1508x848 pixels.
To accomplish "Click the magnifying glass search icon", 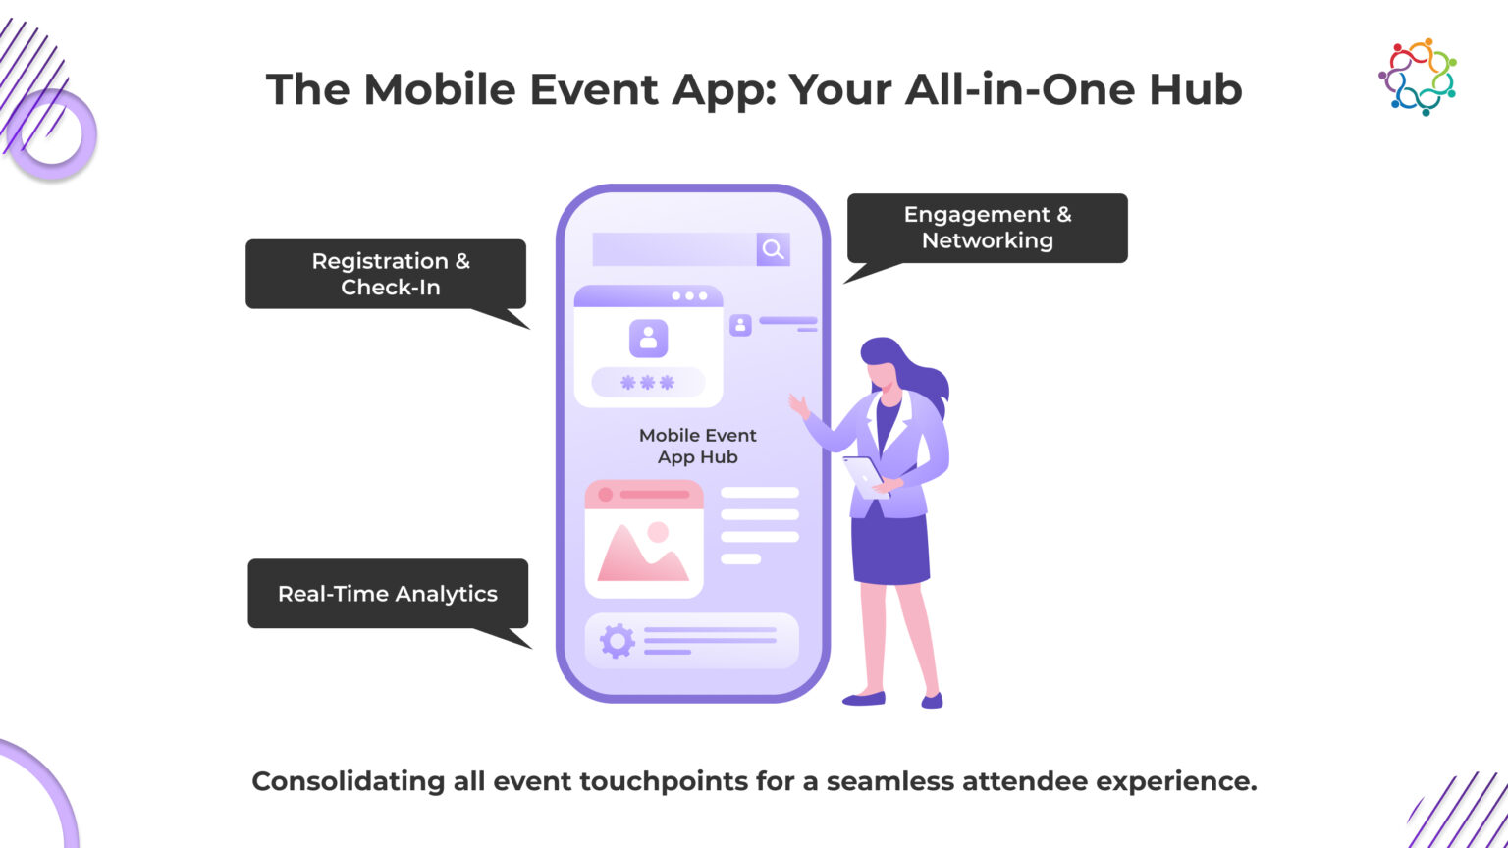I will (773, 249).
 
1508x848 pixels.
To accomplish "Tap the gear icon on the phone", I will (617, 641).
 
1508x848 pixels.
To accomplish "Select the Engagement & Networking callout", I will (987, 228).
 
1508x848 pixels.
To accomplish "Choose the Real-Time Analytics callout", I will (388, 593).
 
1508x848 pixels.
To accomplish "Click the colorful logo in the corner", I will (1417, 77).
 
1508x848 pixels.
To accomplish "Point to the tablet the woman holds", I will (864, 475).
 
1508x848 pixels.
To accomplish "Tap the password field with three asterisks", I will (648, 383).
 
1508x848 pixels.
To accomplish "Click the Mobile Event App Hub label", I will (698, 446).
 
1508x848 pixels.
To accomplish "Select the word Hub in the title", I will (1200, 89).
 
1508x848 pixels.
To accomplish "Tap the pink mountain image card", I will (644, 539).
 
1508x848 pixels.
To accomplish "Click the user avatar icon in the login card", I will (648, 338).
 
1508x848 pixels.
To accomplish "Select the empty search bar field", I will (674, 249).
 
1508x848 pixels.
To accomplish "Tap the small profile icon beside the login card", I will (740, 325).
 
